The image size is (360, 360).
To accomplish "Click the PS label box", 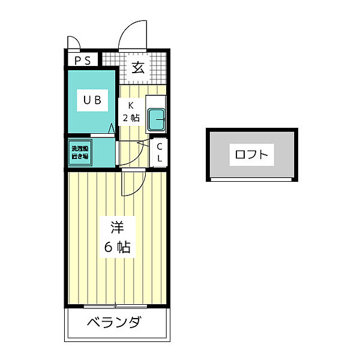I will [x=83, y=61].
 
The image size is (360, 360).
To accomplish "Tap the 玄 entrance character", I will [x=138, y=67].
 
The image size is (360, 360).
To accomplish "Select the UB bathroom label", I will [x=91, y=100].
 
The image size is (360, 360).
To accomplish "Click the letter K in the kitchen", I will [x=130, y=106].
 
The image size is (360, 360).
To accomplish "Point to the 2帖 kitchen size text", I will [x=131, y=118].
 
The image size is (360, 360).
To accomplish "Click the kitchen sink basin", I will [x=157, y=120].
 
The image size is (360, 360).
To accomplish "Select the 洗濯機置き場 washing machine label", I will [x=80, y=152].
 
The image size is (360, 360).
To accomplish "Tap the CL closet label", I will [x=160, y=152].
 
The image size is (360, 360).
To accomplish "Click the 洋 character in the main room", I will [x=117, y=227].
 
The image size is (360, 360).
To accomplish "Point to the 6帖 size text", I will [x=117, y=247].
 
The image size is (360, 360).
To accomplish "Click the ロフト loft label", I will [x=251, y=155].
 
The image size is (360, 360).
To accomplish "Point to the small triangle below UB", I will [x=111, y=128].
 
